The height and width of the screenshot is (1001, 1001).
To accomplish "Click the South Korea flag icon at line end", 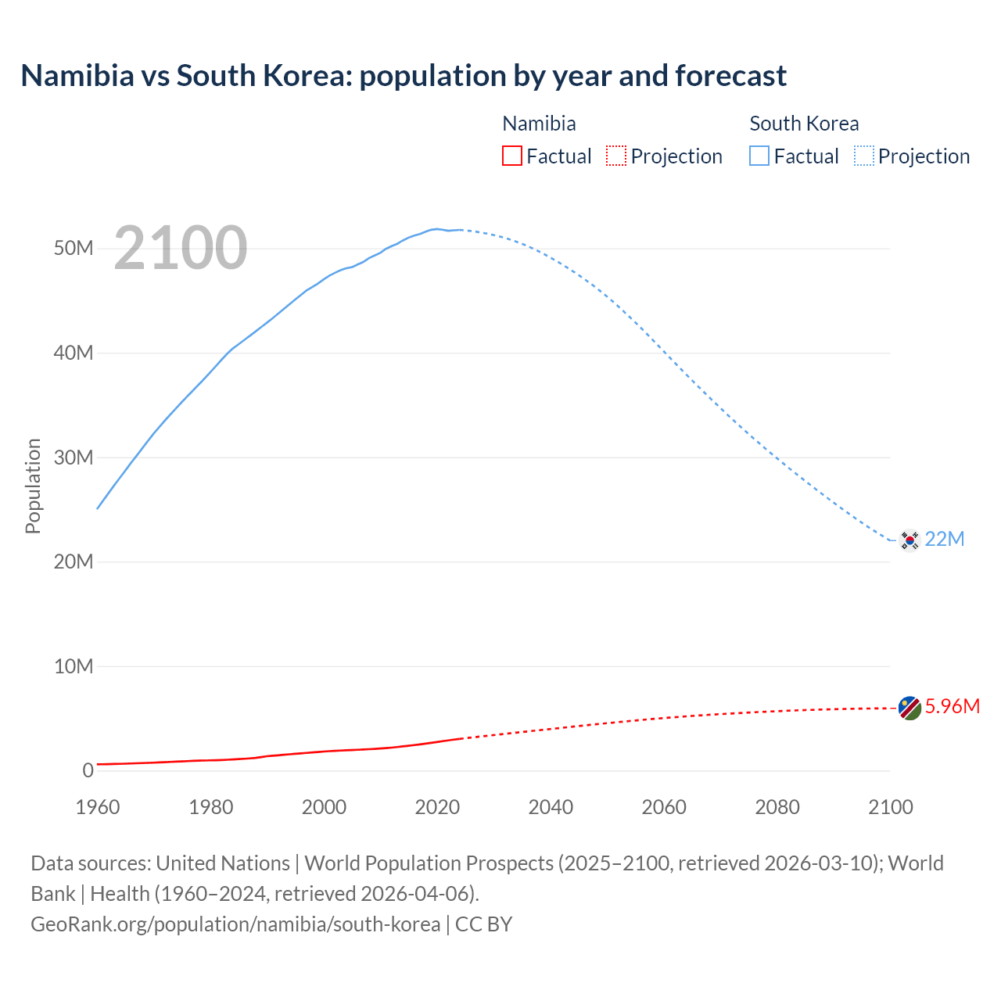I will tap(910, 540).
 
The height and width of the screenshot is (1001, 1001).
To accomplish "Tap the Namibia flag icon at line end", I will tap(910, 708).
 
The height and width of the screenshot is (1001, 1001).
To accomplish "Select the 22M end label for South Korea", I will tap(945, 539).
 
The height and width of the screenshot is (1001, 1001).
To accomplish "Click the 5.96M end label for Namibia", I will tap(952, 706).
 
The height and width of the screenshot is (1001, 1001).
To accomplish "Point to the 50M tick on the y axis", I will tap(74, 249).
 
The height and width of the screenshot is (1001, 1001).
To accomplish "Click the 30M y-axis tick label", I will tap(74, 457).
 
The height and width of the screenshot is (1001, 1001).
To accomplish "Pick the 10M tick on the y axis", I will tap(74, 666).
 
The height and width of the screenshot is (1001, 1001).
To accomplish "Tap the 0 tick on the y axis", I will tap(88, 770).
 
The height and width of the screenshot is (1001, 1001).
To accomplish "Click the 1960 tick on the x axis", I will tap(98, 807).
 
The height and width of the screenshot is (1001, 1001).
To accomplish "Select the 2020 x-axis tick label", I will tap(437, 807).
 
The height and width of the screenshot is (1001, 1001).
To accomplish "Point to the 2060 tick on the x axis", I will tap(664, 807).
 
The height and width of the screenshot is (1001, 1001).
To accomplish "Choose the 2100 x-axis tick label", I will tap(890, 807).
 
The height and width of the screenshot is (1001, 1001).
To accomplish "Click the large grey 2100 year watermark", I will tap(181, 248).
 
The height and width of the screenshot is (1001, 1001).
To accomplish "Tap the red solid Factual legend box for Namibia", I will tap(512, 156).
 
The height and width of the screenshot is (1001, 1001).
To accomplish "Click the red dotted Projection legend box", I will tap(616, 156).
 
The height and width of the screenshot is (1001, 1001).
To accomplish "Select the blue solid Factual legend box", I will tap(759, 156).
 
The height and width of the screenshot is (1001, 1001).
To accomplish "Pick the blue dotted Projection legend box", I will tap(864, 156).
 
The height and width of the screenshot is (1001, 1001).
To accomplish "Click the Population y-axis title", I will tap(33, 486).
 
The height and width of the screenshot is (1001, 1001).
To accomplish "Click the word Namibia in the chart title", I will tap(77, 76).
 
